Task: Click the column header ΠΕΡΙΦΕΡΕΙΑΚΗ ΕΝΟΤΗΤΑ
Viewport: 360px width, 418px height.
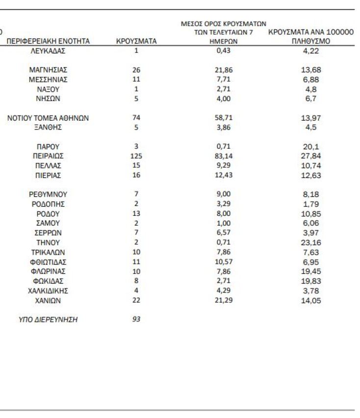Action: (x=48, y=41)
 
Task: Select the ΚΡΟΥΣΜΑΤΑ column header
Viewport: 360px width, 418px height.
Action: (x=136, y=41)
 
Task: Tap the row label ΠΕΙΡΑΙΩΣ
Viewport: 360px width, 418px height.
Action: (x=48, y=156)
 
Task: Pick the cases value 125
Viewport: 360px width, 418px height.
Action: (x=136, y=156)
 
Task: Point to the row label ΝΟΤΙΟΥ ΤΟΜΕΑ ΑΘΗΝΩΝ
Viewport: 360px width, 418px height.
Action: (x=48, y=118)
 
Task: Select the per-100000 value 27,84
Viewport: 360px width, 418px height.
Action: (x=311, y=157)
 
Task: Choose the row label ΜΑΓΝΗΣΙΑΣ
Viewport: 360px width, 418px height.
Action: (x=48, y=70)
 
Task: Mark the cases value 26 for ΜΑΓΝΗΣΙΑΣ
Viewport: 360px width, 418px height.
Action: (x=136, y=70)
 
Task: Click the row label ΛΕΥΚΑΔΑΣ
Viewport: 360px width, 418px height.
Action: (x=48, y=51)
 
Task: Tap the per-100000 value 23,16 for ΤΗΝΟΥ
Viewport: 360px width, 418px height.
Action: (x=311, y=243)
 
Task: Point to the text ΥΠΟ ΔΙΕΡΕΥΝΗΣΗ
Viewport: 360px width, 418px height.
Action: (x=48, y=320)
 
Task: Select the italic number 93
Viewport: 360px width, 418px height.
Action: (x=136, y=319)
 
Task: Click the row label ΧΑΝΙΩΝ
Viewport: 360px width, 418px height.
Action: (x=48, y=300)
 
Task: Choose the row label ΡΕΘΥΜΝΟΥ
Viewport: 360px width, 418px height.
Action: (x=48, y=194)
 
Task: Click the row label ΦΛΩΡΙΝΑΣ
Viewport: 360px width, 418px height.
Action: (x=48, y=271)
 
